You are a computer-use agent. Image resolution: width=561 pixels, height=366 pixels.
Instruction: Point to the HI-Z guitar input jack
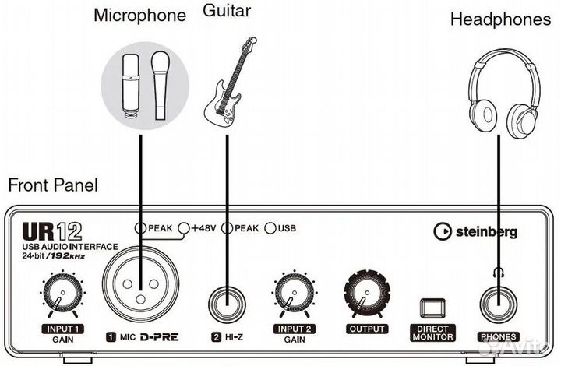click(x=225, y=298)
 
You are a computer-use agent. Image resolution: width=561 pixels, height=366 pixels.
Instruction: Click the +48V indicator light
click(x=184, y=228)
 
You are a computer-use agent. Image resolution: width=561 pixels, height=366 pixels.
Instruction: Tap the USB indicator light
click(x=270, y=228)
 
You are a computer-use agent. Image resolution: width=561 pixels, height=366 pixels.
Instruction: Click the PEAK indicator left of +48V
click(x=140, y=228)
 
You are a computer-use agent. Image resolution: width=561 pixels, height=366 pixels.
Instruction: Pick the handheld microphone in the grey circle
click(x=160, y=84)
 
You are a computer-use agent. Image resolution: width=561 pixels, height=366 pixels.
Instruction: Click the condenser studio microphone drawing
click(x=129, y=84)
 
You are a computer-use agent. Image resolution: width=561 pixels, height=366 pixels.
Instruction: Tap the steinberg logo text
click(x=475, y=231)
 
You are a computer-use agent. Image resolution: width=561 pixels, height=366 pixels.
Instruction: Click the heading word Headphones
click(x=500, y=19)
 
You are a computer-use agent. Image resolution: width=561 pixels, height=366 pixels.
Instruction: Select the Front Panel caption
click(x=53, y=185)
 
